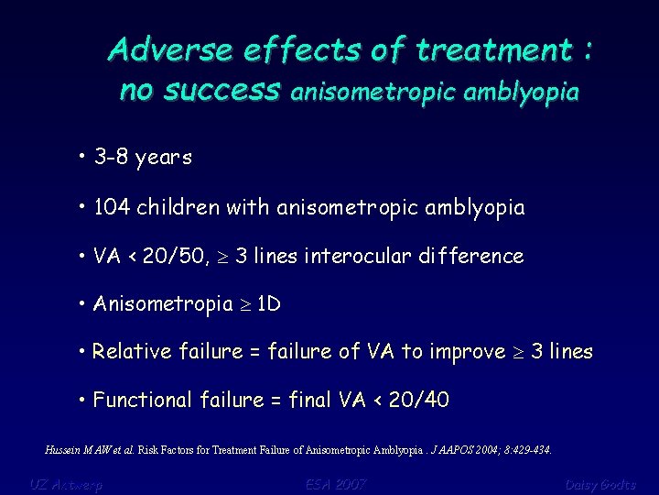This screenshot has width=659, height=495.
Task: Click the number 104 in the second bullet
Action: [x=112, y=207]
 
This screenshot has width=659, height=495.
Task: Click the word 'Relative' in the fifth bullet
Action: [x=127, y=352]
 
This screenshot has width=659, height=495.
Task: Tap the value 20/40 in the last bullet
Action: [x=418, y=401]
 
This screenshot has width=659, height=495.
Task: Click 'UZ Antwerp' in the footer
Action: [x=66, y=484]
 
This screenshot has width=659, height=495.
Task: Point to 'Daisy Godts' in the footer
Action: [x=600, y=484]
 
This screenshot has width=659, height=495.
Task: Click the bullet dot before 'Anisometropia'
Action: [x=82, y=303]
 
